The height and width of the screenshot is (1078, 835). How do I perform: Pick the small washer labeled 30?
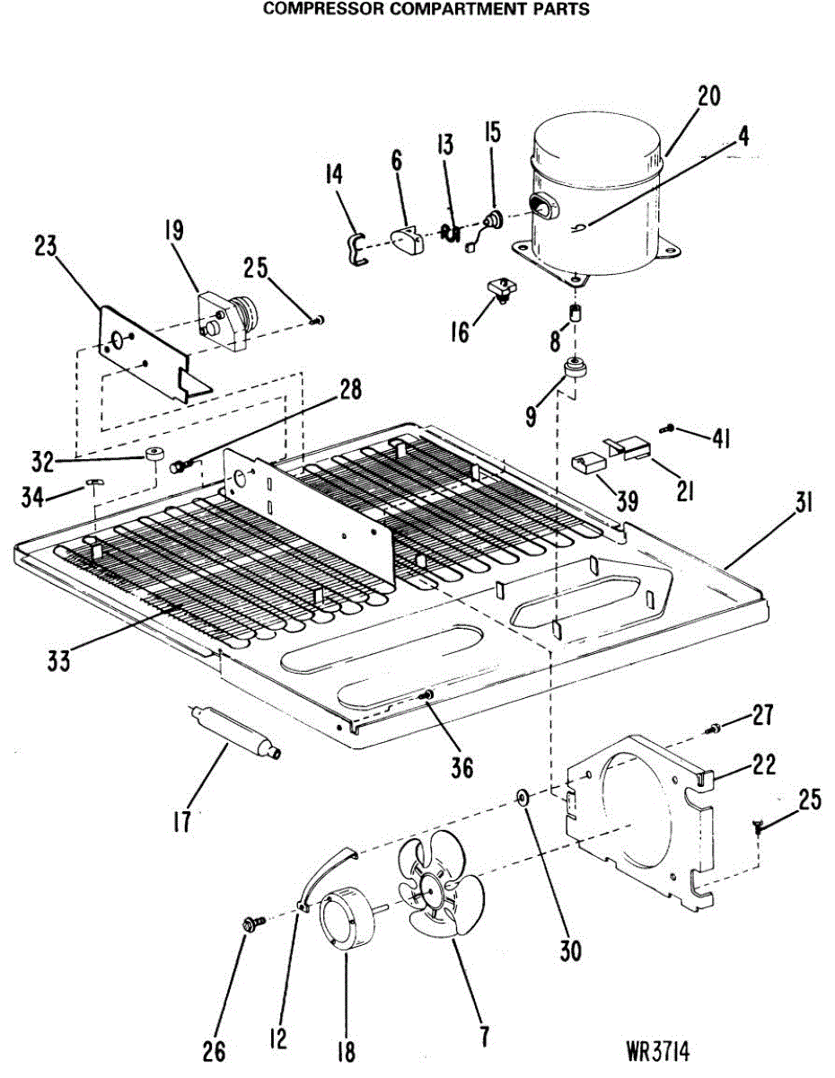pyautogui.click(x=522, y=797)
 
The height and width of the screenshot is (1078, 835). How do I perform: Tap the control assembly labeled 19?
pyautogui.click(x=226, y=319)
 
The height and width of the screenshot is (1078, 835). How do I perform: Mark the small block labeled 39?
pyautogui.click(x=586, y=464)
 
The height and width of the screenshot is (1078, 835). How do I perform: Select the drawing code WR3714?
pyautogui.click(x=664, y=1052)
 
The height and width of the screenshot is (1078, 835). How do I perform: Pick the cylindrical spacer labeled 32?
pyautogui.click(x=158, y=455)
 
